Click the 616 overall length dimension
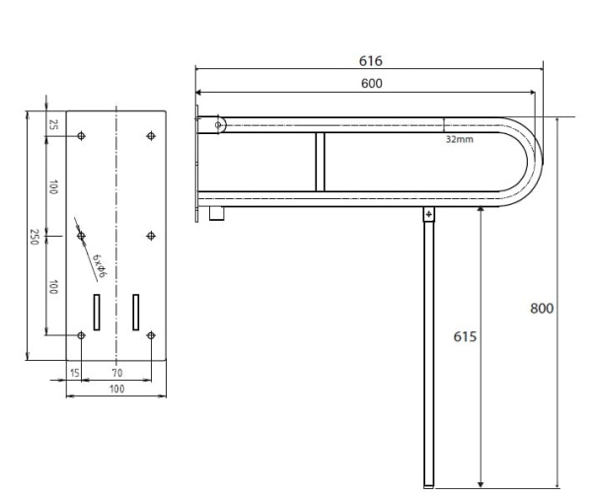370,61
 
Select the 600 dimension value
372,84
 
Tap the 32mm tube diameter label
459,139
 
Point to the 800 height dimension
542,309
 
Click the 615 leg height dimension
465,336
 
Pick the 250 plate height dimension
35,237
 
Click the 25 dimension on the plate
53,124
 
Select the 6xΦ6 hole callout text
100,265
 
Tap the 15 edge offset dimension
75,373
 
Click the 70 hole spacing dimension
117,373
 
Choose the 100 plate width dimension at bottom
116,389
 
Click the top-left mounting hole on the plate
81,135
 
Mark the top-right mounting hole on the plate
151,135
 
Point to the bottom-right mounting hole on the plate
151,335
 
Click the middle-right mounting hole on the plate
151,236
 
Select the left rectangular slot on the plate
97,313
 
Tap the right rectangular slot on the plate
136,313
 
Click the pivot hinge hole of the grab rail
218,125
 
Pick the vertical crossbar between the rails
320,162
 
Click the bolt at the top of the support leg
428,215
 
